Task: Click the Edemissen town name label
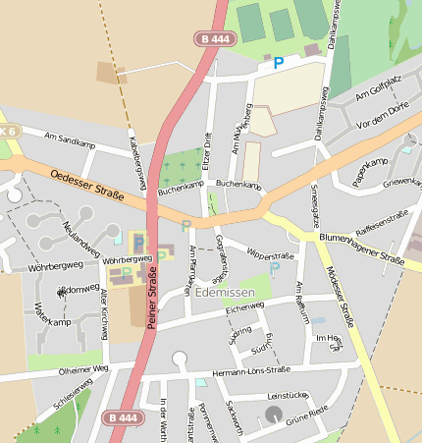225,293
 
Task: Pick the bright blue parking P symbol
278,63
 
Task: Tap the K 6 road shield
8,131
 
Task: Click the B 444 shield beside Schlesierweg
123,417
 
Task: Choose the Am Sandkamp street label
68,140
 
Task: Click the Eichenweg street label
245,307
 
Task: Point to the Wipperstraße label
270,254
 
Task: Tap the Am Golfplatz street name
379,89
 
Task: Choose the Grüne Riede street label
307,416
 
